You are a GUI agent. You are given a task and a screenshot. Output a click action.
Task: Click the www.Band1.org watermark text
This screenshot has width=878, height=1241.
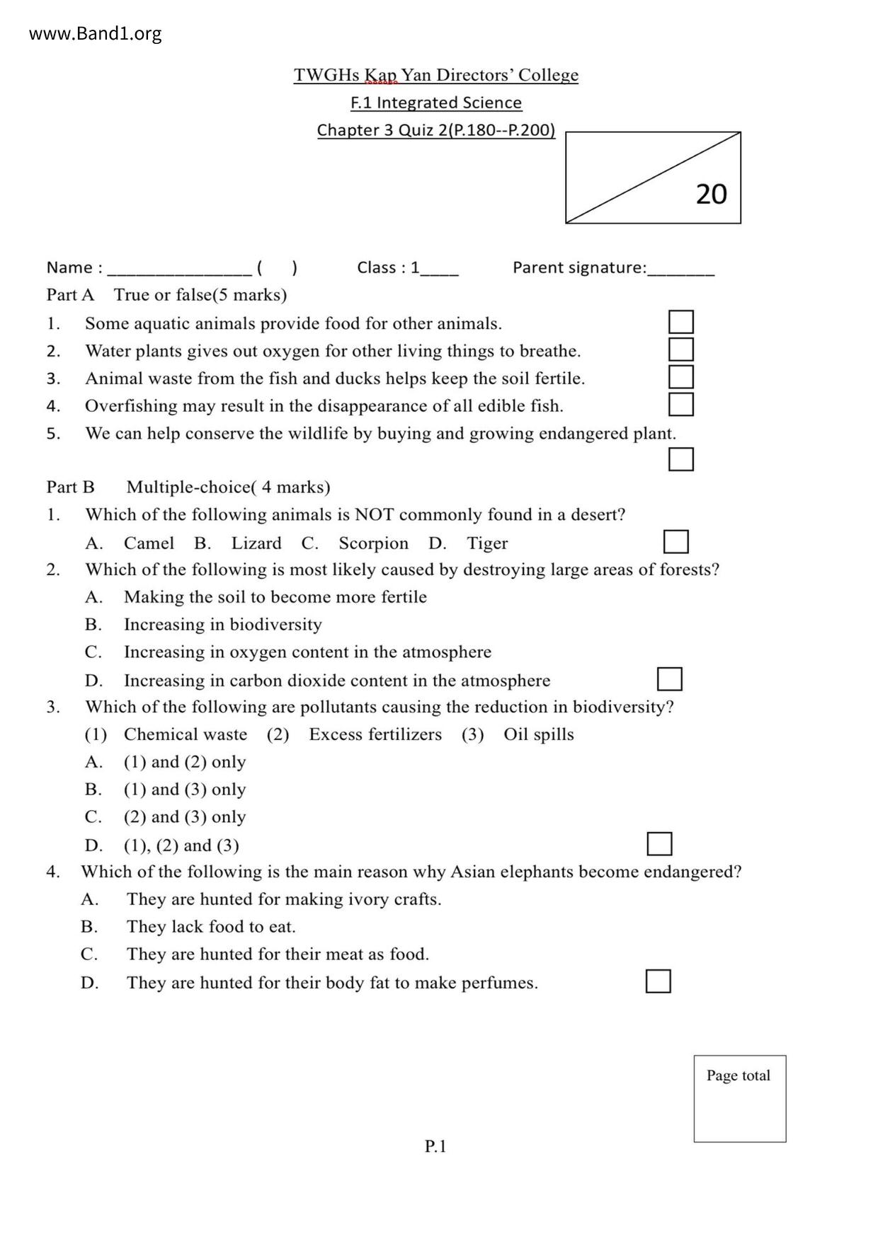pos(95,33)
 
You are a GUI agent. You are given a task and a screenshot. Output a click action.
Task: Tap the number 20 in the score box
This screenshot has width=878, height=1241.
pos(711,194)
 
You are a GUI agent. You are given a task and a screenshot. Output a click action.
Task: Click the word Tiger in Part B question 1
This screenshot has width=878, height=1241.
pos(487,543)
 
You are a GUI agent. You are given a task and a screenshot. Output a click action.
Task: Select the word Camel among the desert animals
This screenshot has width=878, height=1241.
pos(149,543)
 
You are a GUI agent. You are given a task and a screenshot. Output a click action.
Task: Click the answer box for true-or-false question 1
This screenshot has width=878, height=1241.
pos(680,322)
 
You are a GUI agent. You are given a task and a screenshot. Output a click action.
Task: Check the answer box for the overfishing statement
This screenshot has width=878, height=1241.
pos(680,404)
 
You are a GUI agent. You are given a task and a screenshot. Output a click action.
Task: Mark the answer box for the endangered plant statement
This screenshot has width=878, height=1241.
pos(680,459)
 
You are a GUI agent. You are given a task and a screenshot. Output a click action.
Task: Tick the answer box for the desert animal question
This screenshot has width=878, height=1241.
pos(675,542)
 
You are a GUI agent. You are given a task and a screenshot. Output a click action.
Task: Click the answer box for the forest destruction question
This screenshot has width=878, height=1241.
pos(669,679)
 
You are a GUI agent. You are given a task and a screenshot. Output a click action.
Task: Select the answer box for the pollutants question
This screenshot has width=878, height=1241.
pos(659,844)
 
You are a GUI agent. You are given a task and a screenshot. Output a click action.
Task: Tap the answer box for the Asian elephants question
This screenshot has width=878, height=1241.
pos(658,981)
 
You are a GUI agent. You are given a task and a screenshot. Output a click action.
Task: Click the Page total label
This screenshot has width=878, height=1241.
pos(738,1075)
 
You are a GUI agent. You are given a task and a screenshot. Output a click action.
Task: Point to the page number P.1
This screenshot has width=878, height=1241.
pos(435,1146)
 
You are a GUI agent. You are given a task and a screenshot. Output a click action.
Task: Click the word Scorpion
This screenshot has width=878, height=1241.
pos(373,543)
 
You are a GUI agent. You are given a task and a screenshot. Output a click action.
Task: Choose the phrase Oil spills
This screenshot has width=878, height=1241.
pos(538,734)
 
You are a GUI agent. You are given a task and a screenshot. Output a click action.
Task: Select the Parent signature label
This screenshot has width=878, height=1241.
pos(579,267)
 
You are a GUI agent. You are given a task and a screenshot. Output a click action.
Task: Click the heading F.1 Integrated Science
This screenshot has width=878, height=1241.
pos(436,103)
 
